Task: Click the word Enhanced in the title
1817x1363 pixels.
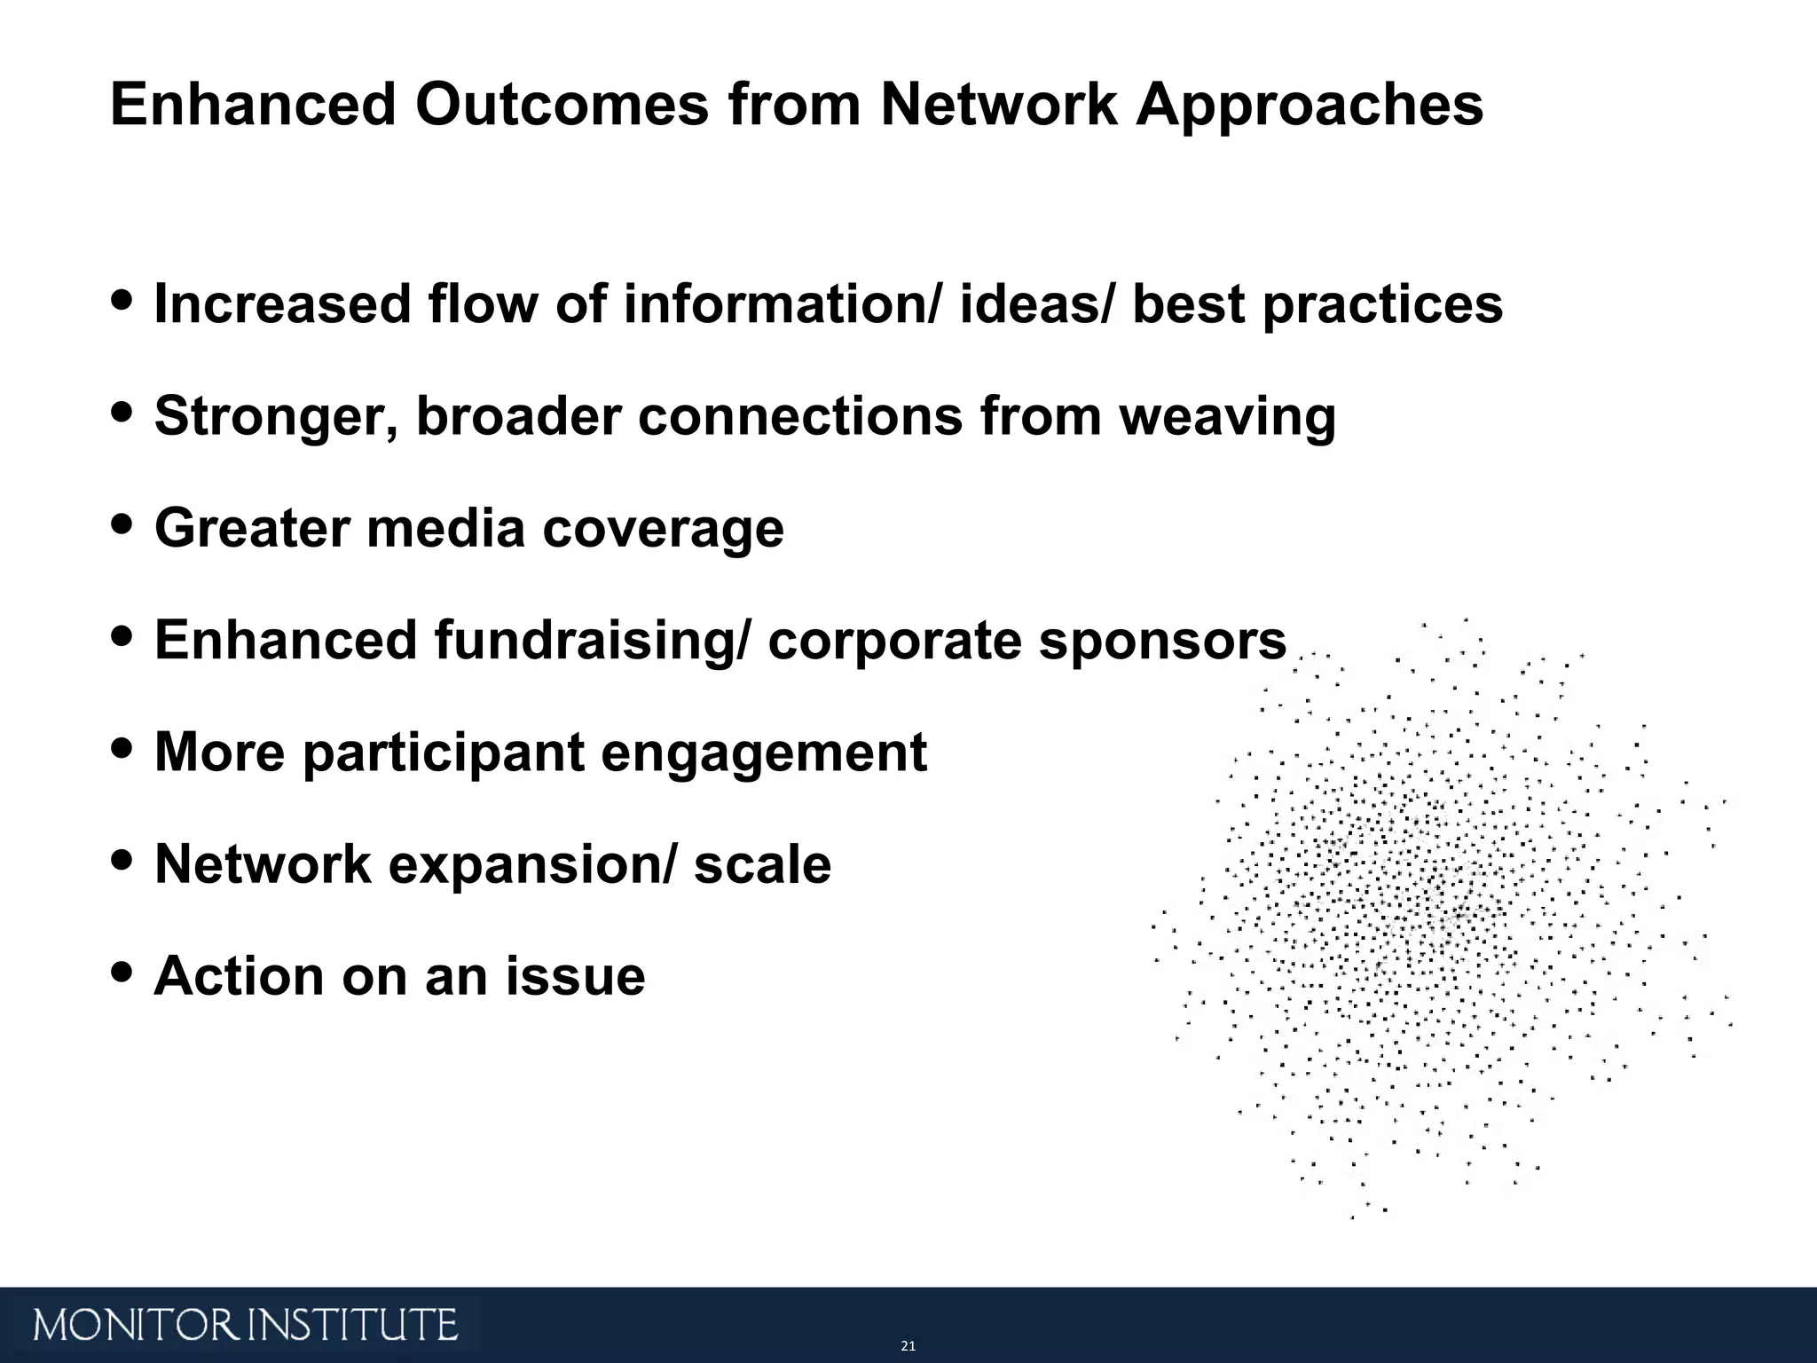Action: [252, 105]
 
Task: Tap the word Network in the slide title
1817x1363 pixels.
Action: [998, 105]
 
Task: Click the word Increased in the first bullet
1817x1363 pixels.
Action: [282, 303]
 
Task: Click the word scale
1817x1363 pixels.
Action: [762, 865]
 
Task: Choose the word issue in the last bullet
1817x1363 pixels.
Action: [575, 976]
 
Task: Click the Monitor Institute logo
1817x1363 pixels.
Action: [246, 1325]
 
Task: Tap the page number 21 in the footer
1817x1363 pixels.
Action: [908, 1346]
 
